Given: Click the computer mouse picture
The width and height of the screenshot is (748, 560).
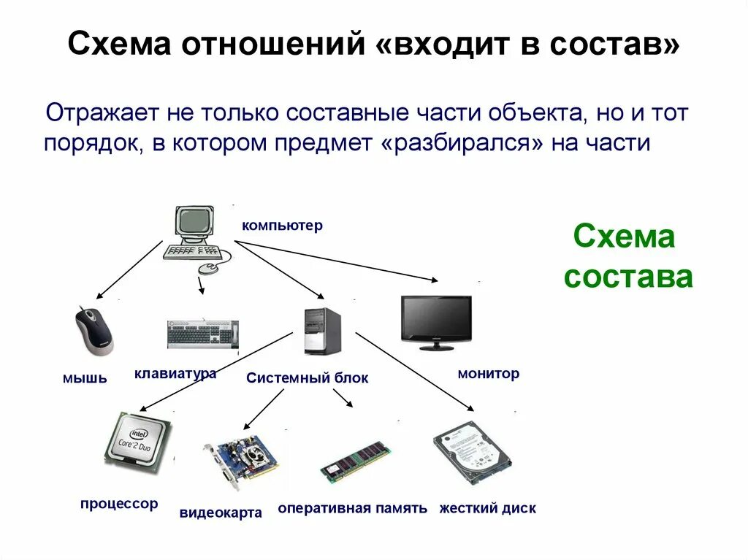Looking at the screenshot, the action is point(93,331).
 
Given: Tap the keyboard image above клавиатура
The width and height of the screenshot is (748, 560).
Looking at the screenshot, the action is point(202,333).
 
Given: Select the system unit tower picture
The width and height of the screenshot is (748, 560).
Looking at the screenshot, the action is point(322,331).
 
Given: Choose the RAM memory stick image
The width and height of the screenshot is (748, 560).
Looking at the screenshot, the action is point(356,461).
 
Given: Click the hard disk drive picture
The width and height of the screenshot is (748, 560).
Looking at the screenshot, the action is point(471,451).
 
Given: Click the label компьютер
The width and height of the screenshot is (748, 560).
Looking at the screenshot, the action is point(282,226).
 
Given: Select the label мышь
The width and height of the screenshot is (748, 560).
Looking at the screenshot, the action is point(85,377).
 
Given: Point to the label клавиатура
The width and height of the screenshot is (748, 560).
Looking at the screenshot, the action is point(175,374).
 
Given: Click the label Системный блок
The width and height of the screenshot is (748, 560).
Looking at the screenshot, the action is point(308,378).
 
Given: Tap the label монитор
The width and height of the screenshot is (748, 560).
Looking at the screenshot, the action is point(489,374).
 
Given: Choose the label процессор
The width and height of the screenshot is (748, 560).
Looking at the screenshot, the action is point(119,504).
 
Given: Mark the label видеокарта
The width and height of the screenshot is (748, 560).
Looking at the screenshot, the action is point(221,513).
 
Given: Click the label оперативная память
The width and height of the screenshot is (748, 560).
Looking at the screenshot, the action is point(352,508).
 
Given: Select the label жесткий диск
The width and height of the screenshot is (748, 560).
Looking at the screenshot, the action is point(487,508).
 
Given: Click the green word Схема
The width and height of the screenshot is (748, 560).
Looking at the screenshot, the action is point(625,237).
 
